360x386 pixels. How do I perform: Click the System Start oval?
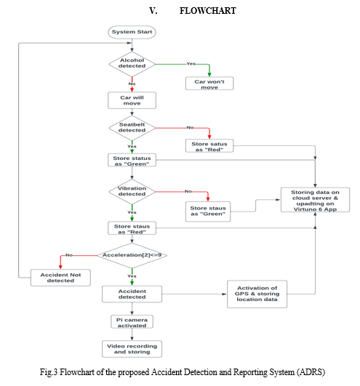132,32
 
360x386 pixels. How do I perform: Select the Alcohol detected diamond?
132,64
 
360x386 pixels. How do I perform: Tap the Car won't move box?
209,84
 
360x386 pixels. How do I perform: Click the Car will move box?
132,100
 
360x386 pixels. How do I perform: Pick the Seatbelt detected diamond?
132,128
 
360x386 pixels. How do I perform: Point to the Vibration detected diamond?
132,191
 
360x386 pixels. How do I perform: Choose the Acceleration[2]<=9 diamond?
132,255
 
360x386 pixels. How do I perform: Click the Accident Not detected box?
60,278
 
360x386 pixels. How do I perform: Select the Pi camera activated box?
132,322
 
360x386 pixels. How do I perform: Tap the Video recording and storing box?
132,349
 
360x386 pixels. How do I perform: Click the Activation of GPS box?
257,294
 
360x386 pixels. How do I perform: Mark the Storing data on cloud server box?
315,200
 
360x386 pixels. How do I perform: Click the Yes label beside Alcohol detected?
191,64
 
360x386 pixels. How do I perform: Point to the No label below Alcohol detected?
132,84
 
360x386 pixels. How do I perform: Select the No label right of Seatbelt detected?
190,127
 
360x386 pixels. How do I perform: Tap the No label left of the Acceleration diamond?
69,255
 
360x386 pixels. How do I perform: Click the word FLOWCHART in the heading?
207,11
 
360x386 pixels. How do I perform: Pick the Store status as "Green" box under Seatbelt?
132,160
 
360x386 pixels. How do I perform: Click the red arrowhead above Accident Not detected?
60,267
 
